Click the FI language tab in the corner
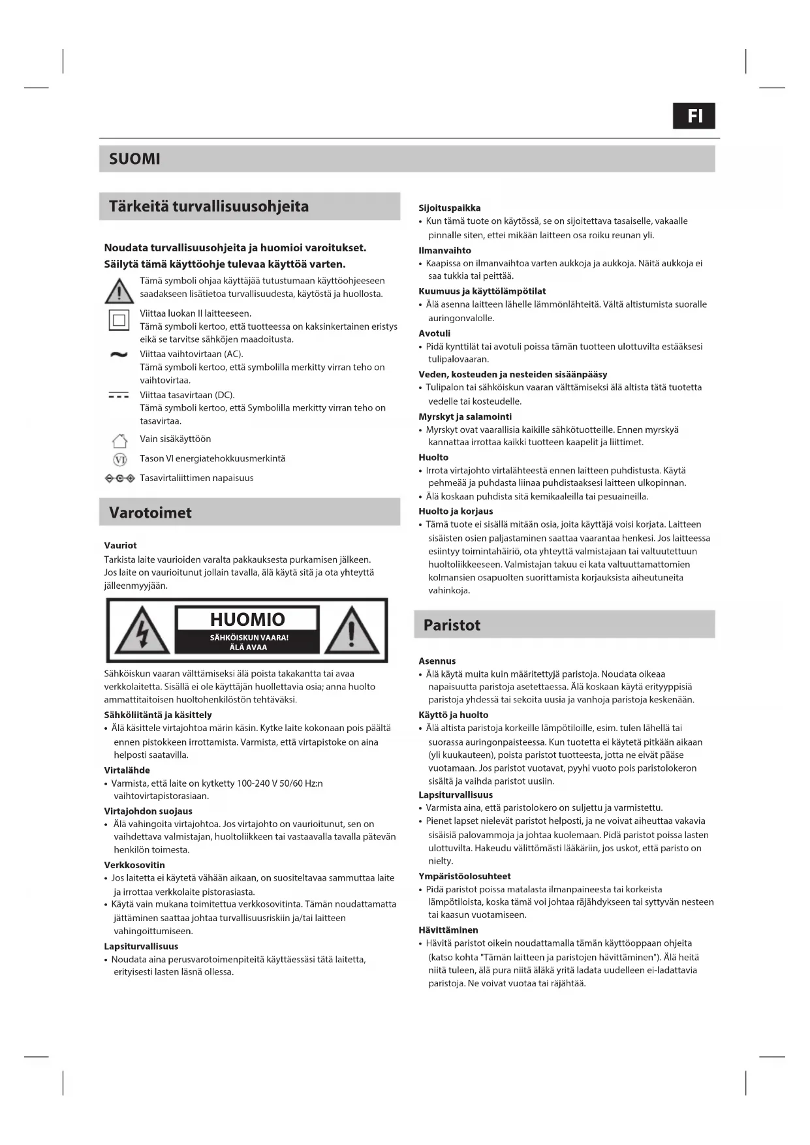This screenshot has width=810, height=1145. point(694,116)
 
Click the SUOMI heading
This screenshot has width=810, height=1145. point(134,159)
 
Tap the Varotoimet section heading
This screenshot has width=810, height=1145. point(150,512)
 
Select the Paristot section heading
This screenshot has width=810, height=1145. point(452,625)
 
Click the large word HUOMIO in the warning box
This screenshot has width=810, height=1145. point(247,619)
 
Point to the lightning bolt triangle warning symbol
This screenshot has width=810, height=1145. point(142,631)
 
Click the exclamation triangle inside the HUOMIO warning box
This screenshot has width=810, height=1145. point(352,631)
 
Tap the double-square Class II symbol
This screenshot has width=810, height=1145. point(119,320)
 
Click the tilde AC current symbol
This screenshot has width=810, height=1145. point(119,354)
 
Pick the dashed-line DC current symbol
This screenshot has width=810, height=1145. point(119,396)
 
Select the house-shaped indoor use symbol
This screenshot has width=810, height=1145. point(119,440)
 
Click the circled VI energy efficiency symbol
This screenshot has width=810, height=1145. point(119,460)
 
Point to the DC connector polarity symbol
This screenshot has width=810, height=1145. point(119,478)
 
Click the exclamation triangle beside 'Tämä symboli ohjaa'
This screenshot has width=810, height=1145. point(119,290)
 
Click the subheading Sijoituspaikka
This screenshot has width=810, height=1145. point(449,208)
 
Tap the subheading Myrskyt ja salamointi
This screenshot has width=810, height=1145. point(465,416)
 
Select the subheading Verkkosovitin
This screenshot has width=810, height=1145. point(134,865)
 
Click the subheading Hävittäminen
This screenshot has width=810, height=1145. point(448,930)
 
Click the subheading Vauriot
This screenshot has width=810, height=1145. point(120,545)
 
